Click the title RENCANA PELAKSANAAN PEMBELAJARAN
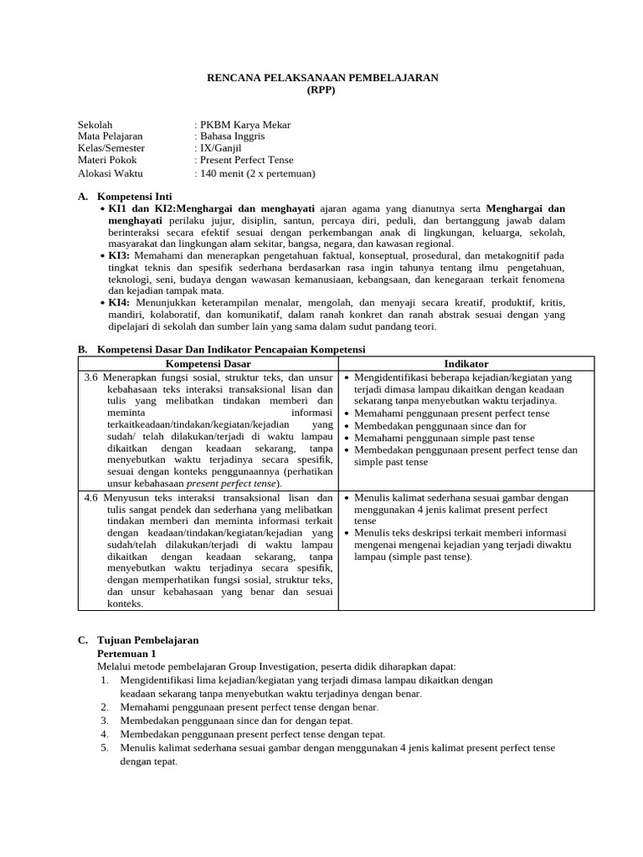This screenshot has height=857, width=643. coord(322,78)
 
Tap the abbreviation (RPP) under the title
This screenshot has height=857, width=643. coord(322,90)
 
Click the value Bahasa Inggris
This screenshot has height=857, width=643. coord(231,136)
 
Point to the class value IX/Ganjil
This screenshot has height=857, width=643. coord(226,148)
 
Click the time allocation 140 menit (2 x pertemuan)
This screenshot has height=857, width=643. coord(256,173)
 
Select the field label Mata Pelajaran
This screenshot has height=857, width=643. coord(111,136)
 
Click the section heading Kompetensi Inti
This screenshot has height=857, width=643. coord(135,196)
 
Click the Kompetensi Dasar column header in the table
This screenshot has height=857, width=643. coord(208,363)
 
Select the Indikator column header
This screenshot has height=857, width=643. coord(466,363)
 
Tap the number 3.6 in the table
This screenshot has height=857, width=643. coord(92,377)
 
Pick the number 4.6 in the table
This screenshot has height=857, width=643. coord(92,498)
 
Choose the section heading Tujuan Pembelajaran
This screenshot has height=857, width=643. coord(148,640)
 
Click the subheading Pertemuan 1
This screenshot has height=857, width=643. coord(126,653)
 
